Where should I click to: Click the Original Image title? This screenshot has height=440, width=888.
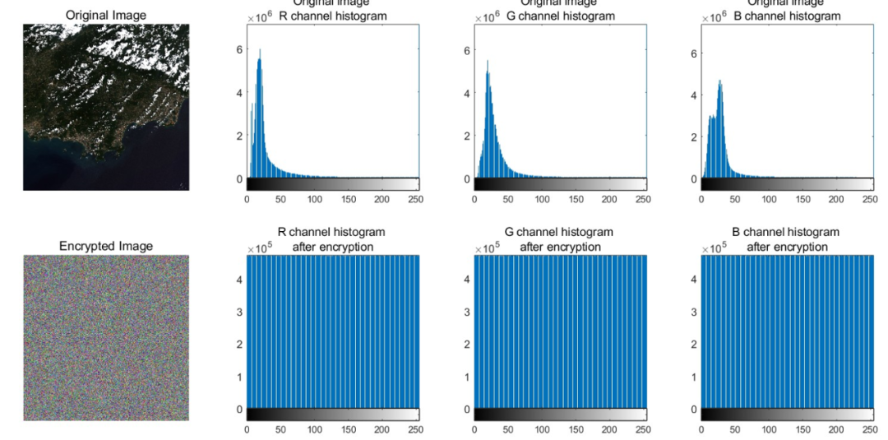tap(105, 15)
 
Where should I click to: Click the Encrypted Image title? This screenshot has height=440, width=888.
tap(106, 246)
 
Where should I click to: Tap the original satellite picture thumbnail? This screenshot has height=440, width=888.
tap(106, 107)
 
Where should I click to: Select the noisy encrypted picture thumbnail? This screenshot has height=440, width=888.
tap(106, 338)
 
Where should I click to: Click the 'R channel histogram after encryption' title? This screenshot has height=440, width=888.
tap(332, 239)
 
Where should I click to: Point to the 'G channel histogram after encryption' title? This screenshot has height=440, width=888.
tap(560, 239)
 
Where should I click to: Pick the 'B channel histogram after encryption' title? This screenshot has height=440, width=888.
tap(786, 239)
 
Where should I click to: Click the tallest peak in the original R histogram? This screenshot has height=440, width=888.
tap(260, 50)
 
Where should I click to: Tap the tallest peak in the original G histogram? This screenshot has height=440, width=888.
tap(488, 61)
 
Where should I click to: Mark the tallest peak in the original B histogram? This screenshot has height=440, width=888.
tap(720, 81)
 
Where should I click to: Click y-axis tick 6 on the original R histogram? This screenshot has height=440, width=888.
tap(239, 49)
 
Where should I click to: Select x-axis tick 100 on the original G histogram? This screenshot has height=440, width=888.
tap(542, 199)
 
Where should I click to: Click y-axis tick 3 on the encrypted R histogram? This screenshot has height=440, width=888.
tap(239, 312)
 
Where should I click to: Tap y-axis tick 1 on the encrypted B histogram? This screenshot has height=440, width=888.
tap(693, 377)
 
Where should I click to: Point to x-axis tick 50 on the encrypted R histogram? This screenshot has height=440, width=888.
tap(280, 429)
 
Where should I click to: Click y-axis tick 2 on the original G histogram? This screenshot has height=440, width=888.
tap(466, 136)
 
